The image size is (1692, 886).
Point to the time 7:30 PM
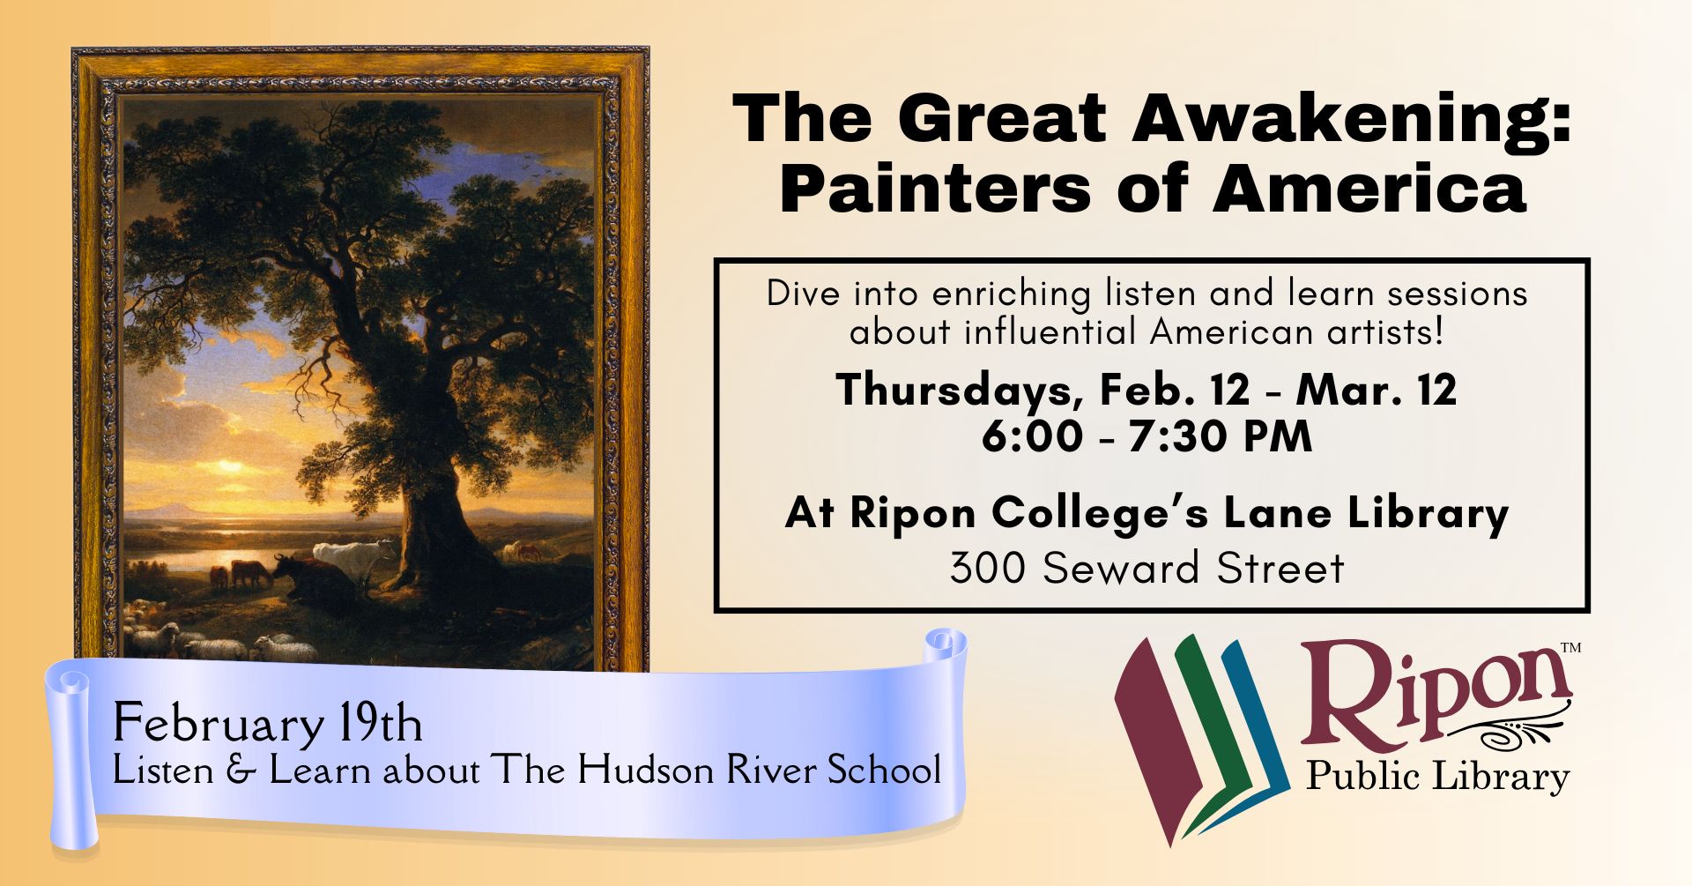click(1221, 436)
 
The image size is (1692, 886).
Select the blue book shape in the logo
click(1251, 732)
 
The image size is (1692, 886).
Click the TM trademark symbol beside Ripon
click(1570, 648)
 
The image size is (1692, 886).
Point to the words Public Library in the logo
click(1437, 777)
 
